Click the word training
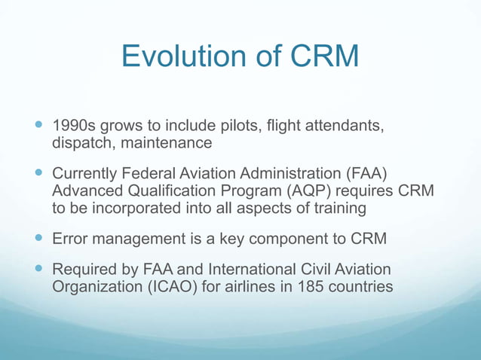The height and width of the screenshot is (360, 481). point(339,209)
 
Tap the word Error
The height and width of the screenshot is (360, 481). point(69,239)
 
